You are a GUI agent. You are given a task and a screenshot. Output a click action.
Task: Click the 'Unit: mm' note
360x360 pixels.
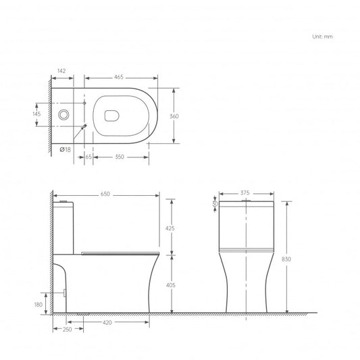pyautogui.click(x=322, y=37)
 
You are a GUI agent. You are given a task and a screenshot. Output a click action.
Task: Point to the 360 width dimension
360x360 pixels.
pyautogui.click(x=174, y=116)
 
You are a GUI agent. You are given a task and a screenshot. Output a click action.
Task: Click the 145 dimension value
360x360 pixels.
pyautogui.click(x=37, y=114)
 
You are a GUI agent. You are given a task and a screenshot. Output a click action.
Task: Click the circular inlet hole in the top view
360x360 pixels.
pyautogui.click(x=63, y=115)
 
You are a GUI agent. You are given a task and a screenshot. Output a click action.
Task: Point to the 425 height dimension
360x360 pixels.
pyautogui.click(x=170, y=228)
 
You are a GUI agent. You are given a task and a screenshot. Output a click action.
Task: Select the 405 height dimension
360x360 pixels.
pyautogui.click(x=170, y=286)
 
